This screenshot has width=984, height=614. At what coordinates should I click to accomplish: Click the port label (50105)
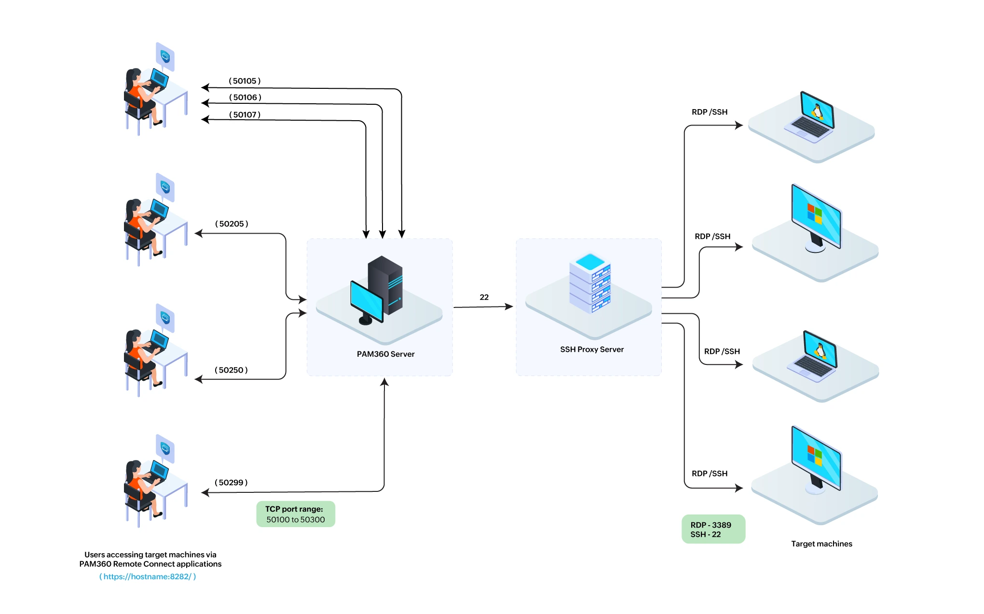pyautogui.click(x=245, y=81)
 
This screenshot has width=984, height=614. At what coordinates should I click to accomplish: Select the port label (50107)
pyautogui.click(x=245, y=115)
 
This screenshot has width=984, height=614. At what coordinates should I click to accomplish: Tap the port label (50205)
pyautogui.click(x=232, y=224)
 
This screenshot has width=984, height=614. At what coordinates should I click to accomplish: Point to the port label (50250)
pyautogui.click(x=231, y=370)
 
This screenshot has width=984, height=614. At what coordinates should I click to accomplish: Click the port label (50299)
pyautogui.click(x=231, y=483)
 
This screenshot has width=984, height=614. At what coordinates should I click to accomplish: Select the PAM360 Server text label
pyautogui.click(x=385, y=354)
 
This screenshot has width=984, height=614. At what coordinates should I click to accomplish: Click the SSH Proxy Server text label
pyautogui.click(x=591, y=349)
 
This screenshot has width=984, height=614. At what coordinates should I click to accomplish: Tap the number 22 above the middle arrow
pyautogui.click(x=484, y=297)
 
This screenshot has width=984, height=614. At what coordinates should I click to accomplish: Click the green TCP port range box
pyautogui.click(x=295, y=515)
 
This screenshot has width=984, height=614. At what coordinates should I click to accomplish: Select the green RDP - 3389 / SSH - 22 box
pyautogui.click(x=713, y=530)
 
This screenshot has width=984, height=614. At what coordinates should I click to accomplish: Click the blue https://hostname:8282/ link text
pyautogui.click(x=148, y=577)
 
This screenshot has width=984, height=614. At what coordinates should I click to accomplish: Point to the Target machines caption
pyautogui.click(x=821, y=544)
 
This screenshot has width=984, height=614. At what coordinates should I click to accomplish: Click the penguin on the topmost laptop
pyautogui.click(x=817, y=112)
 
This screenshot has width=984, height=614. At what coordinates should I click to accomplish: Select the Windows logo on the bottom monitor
pyautogui.click(x=815, y=455)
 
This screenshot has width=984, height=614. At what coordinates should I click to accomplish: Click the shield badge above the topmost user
pyautogui.click(x=165, y=56)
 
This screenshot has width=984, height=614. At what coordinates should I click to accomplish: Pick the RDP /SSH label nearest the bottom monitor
pyautogui.click(x=709, y=474)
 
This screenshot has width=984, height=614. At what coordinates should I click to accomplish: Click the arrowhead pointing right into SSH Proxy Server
pyautogui.click(x=509, y=307)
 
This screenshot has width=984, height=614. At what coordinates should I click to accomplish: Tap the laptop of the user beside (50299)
pyautogui.click(x=159, y=470)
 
